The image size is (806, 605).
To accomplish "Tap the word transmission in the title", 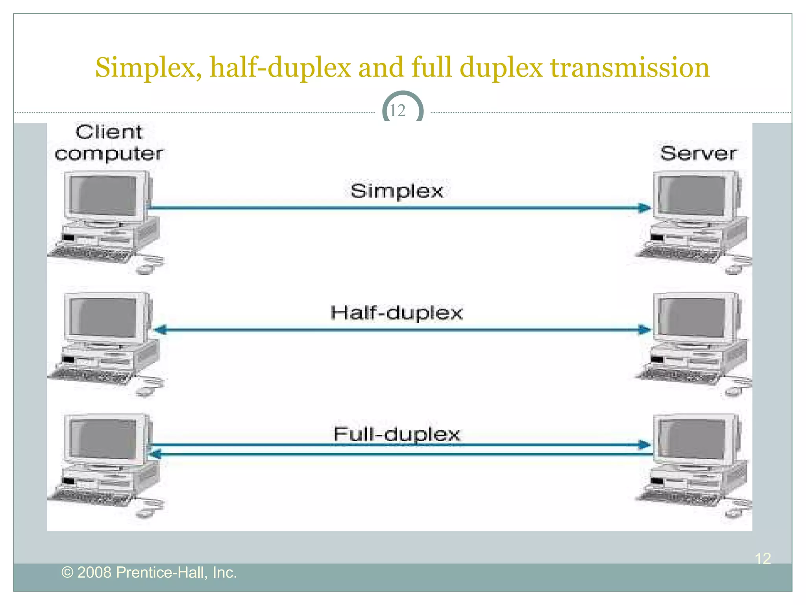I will pos(630,67).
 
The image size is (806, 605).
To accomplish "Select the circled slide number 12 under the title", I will pos(397,111).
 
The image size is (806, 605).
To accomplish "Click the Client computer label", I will pos(109,143).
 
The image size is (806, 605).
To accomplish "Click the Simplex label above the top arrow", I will pos(397,191).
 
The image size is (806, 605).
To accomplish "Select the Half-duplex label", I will pos(397,313).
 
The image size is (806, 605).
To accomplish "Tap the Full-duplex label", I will pos(397,434).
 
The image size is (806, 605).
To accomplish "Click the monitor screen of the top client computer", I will pos(103,195).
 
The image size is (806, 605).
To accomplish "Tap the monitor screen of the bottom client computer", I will pos(103,438).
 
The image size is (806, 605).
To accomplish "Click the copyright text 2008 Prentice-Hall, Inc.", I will pos(149,572).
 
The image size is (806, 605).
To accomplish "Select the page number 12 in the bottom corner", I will pos(763,559).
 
